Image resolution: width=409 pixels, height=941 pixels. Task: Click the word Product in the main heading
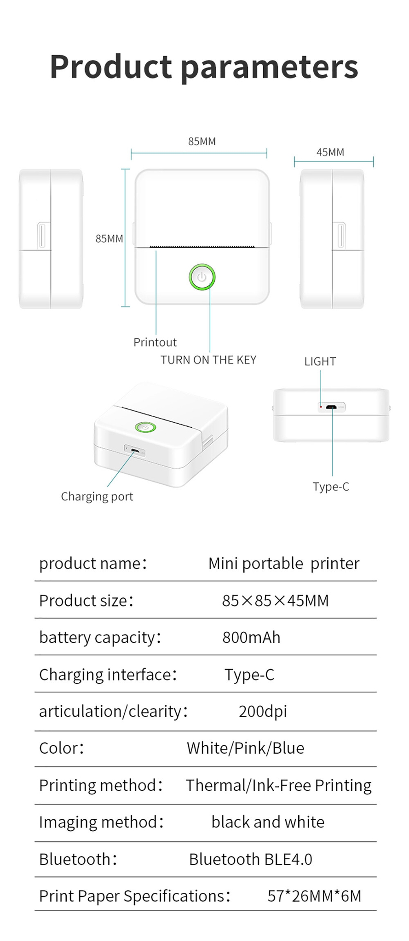(x=110, y=67)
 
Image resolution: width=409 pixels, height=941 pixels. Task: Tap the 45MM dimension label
(x=330, y=152)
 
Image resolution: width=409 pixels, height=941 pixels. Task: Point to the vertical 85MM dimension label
(x=109, y=238)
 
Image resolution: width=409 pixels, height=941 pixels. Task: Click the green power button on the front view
(x=202, y=277)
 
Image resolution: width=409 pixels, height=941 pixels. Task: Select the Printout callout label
(x=155, y=342)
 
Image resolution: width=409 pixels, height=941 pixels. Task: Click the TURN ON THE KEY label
(x=208, y=360)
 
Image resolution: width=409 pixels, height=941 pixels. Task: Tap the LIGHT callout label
(x=320, y=362)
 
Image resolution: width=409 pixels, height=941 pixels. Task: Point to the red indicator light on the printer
(x=320, y=407)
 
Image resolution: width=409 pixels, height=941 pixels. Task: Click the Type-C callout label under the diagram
(x=331, y=487)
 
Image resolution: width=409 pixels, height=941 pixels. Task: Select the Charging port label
(x=97, y=497)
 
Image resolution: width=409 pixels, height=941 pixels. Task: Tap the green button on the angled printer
(x=145, y=427)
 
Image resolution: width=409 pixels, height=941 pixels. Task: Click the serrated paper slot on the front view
(x=202, y=247)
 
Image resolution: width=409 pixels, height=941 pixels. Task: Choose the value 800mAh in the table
(x=251, y=638)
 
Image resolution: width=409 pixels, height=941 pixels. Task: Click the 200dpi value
(x=263, y=711)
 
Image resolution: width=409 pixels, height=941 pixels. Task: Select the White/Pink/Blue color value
(x=245, y=748)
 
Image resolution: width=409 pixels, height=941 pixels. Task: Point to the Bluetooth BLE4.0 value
(x=250, y=859)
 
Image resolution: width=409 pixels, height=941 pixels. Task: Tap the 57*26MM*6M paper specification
(x=314, y=896)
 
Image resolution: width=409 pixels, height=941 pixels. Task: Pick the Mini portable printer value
(x=283, y=564)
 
